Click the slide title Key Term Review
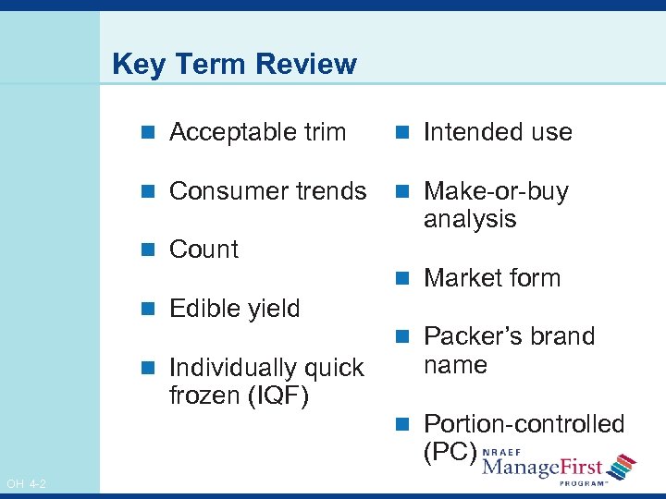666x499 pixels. tap(233, 64)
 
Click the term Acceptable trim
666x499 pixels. tap(257, 132)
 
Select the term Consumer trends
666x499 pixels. tap(268, 191)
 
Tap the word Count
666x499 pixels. tap(203, 249)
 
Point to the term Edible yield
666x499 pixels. tap(235, 309)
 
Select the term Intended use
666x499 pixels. tap(498, 132)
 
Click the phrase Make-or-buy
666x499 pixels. tap(496, 191)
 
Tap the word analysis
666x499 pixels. tap(470, 219)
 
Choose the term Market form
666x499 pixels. tap(492, 278)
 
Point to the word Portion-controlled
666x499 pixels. tap(524, 424)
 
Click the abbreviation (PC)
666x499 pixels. tap(450, 452)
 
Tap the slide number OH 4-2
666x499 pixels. tap(27, 483)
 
